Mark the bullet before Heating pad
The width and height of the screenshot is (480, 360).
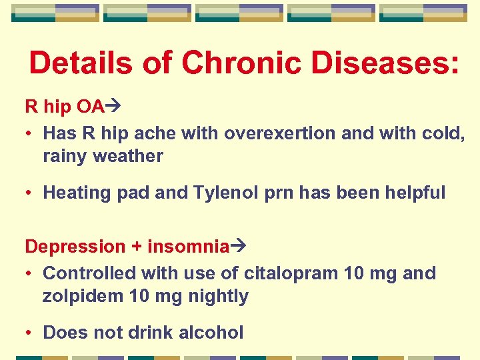pyautogui.click(x=31, y=193)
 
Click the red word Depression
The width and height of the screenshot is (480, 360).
pyautogui.click(x=75, y=247)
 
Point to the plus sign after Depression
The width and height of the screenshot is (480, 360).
pyautogui.click(x=136, y=247)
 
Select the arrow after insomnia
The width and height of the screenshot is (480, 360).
pyautogui.click(x=239, y=247)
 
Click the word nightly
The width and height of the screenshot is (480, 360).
pyautogui.click(x=215, y=297)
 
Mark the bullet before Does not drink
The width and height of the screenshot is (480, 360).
pyautogui.click(x=31, y=333)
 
